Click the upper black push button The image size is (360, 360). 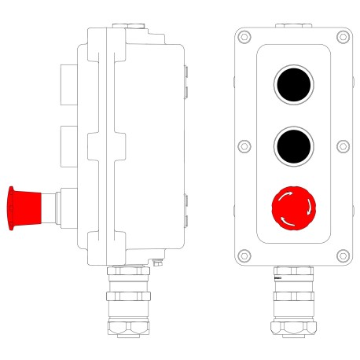pyautogui.click(x=293, y=84)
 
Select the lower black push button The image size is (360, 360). pyautogui.click(x=293, y=145)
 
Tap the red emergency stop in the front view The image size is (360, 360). pyautogui.click(x=293, y=207)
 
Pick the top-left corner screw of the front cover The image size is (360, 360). pyautogui.click(x=244, y=36)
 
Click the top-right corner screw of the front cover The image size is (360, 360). pyautogui.click(x=343, y=36)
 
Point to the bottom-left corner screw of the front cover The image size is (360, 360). pyautogui.click(x=244, y=255)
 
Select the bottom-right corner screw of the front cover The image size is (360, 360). pyautogui.click(x=343, y=255)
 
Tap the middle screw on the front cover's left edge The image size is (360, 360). pyautogui.click(x=244, y=145)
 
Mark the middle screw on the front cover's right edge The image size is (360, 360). pyautogui.click(x=343, y=145)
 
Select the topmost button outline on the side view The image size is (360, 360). pyautogui.click(x=68, y=82)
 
